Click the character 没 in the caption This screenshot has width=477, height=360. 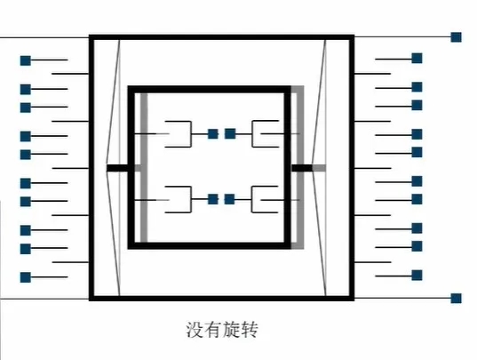click(x=195, y=330)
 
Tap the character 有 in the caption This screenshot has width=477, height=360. click(x=212, y=330)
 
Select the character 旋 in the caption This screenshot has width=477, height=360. click(x=231, y=330)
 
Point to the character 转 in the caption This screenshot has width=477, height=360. click(x=249, y=330)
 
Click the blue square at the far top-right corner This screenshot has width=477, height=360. click(x=456, y=37)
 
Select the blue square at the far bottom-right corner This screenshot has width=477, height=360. click(x=456, y=299)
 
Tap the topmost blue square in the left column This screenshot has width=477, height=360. click(x=26, y=60)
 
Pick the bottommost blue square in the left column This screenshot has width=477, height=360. click(x=26, y=277)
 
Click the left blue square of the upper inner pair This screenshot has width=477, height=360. click(x=213, y=133)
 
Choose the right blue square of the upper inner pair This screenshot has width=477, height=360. click(x=230, y=133)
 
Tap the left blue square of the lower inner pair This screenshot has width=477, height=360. click(x=213, y=199)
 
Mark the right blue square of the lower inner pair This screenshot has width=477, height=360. click(x=230, y=199)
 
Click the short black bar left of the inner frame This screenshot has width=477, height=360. click(x=118, y=168)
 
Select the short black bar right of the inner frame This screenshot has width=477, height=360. click(x=302, y=168)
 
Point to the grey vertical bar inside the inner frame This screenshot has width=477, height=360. click(x=144, y=168)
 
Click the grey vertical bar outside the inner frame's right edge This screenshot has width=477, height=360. click(x=300, y=168)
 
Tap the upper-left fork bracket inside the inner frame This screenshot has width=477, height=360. click(x=191, y=134)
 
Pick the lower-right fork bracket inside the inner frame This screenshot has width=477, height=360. click(x=251, y=199)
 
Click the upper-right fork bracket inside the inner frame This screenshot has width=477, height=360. click(x=252, y=134)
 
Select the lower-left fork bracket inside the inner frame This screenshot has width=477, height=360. click(x=191, y=199)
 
